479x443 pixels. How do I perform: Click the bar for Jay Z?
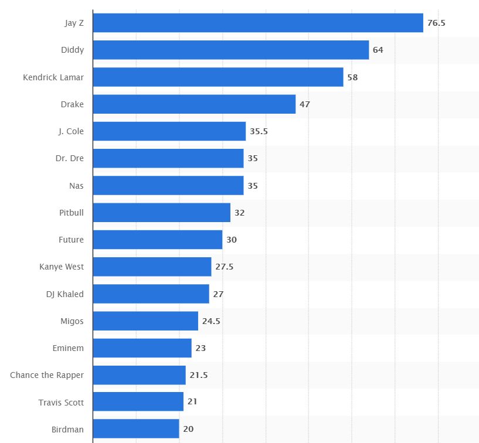(x=258, y=23)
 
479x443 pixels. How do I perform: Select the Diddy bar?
(x=231, y=50)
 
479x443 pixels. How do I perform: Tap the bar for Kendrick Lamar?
(x=218, y=77)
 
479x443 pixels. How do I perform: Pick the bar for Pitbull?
(x=162, y=213)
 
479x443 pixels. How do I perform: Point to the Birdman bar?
(x=136, y=429)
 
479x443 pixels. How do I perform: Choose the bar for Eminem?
(x=142, y=348)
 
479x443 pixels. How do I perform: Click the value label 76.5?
(x=436, y=23)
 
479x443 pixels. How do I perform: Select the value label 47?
(x=304, y=104)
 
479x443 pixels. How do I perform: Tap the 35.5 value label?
(x=259, y=131)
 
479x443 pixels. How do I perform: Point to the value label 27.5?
(x=224, y=267)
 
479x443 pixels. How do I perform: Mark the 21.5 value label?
(x=198, y=375)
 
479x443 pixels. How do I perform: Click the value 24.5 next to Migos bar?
(x=211, y=321)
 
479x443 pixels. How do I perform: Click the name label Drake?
(x=72, y=104)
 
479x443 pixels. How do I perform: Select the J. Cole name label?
(x=71, y=131)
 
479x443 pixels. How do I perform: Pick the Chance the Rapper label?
(x=47, y=375)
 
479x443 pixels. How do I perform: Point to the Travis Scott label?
(x=61, y=402)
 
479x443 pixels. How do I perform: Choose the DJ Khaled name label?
(x=64, y=294)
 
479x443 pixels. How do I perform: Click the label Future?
(x=71, y=240)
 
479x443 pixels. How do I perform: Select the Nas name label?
(x=76, y=186)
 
